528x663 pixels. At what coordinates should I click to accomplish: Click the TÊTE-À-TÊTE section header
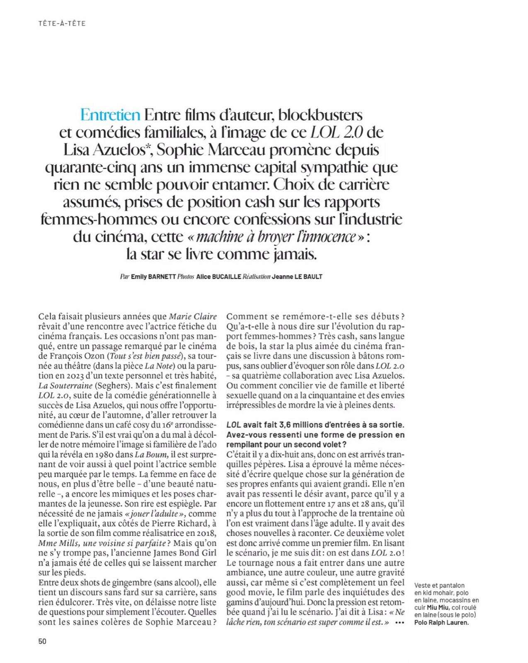pyautogui.click(x=61, y=24)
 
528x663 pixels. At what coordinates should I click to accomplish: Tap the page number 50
pyautogui.click(x=42, y=641)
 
